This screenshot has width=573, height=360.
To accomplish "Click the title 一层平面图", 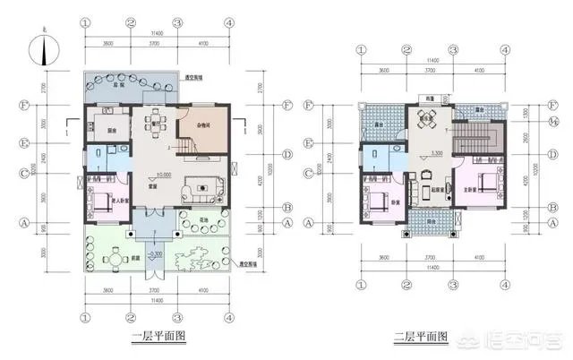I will pyautogui.click(x=158, y=337).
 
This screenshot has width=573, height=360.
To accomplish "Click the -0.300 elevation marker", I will pyautogui.click(x=157, y=255).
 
